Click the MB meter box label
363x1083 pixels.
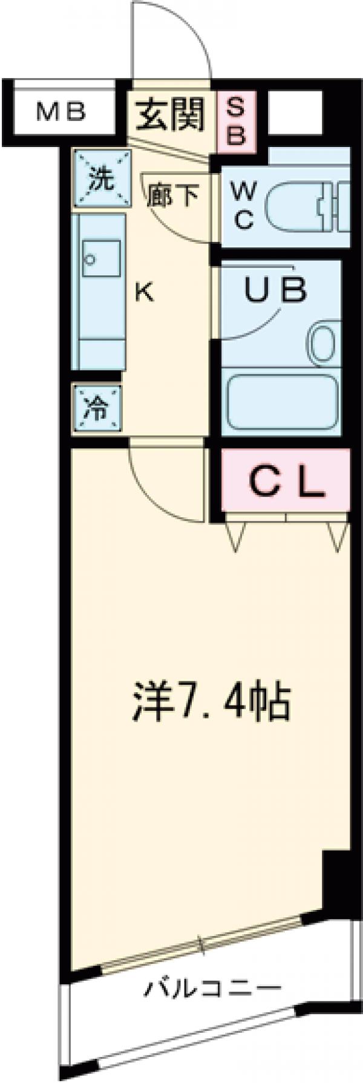pyautogui.click(x=60, y=113)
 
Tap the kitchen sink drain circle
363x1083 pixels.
pyautogui.click(x=90, y=260)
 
